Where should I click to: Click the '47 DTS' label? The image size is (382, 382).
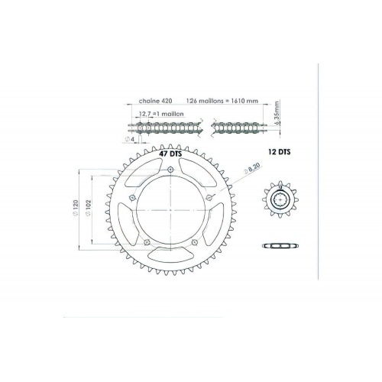[x=170, y=154]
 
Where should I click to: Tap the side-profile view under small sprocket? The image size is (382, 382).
[x=280, y=245]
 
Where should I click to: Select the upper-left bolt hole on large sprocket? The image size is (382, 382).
[x=132, y=199]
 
